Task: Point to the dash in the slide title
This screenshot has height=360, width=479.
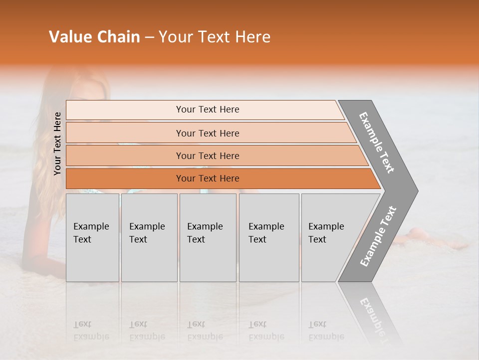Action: coord(149,37)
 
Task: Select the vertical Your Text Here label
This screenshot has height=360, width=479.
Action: coord(57,143)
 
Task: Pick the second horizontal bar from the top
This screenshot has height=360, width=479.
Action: coord(207,133)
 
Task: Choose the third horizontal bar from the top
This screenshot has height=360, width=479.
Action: coord(207,155)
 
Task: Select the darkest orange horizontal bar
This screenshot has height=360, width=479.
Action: coord(207,178)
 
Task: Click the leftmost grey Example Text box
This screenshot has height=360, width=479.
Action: coord(92,237)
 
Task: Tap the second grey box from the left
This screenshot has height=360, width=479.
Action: coord(149,237)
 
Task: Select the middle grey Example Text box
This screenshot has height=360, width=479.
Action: coord(208,237)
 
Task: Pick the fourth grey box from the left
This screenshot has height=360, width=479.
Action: coord(268,237)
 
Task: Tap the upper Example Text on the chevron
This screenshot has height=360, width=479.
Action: coord(377,142)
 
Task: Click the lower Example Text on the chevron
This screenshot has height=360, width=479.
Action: coord(378,236)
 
